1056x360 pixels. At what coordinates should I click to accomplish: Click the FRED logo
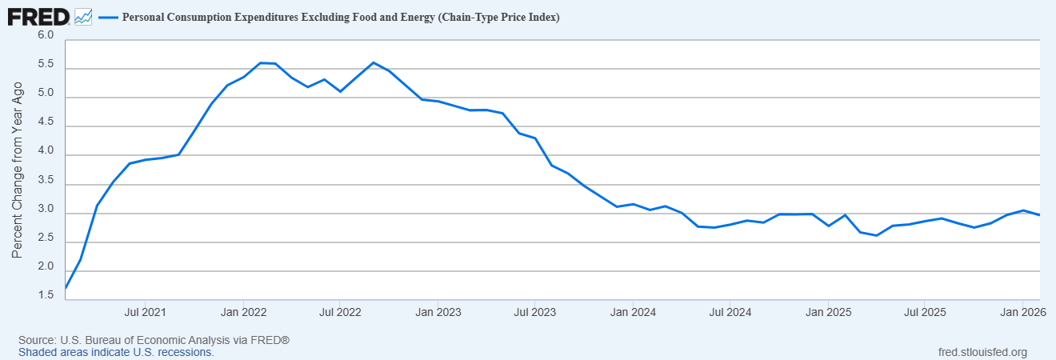pyautogui.click(x=38, y=18)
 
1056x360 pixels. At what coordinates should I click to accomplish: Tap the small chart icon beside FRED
pyautogui.click(x=83, y=18)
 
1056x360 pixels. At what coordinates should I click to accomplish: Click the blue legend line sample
pyautogui.click(x=108, y=18)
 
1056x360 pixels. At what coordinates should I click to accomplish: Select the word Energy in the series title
pyautogui.click(x=416, y=18)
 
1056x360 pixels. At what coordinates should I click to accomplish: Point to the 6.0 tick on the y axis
pyautogui.click(x=46, y=35)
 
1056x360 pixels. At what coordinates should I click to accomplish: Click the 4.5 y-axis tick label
pyautogui.click(x=46, y=122)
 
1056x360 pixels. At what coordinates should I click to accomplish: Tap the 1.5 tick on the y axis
pyautogui.click(x=46, y=295)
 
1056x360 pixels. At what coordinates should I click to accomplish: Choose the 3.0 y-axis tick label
pyautogui.click(x=46, y=209)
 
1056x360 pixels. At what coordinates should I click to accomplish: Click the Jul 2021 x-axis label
pyautogui.click(x=146, y=312)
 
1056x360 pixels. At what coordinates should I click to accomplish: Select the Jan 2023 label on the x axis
pyautogui.click(x=438, y=312)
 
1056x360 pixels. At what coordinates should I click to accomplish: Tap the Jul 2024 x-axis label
pyautogui.click(x=730, y=312)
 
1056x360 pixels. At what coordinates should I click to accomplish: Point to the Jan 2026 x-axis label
pyautogui.click(x=1023, y=312)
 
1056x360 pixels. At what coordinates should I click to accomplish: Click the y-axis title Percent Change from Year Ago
pyautogui.click(x=17, y=170)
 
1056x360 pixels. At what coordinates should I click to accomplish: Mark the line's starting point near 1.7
pyautogui.click(x=66, y=288)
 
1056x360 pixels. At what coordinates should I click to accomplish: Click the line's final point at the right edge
pyautogui.click(x=1039, y=215)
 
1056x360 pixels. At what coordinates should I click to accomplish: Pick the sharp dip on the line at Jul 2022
pyautogui.click(x=340, y=91)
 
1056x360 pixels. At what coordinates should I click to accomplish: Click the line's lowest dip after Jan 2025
pyautogui.click(x=876, y=236)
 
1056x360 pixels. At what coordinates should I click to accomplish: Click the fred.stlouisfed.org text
pyautogui.click(x=982, y=352)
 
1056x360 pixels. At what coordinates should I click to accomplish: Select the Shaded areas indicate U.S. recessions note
pyautogui.click(x=116, y=352)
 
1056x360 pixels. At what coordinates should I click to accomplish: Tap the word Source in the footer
pyautogui.click(x=36, y=340)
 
